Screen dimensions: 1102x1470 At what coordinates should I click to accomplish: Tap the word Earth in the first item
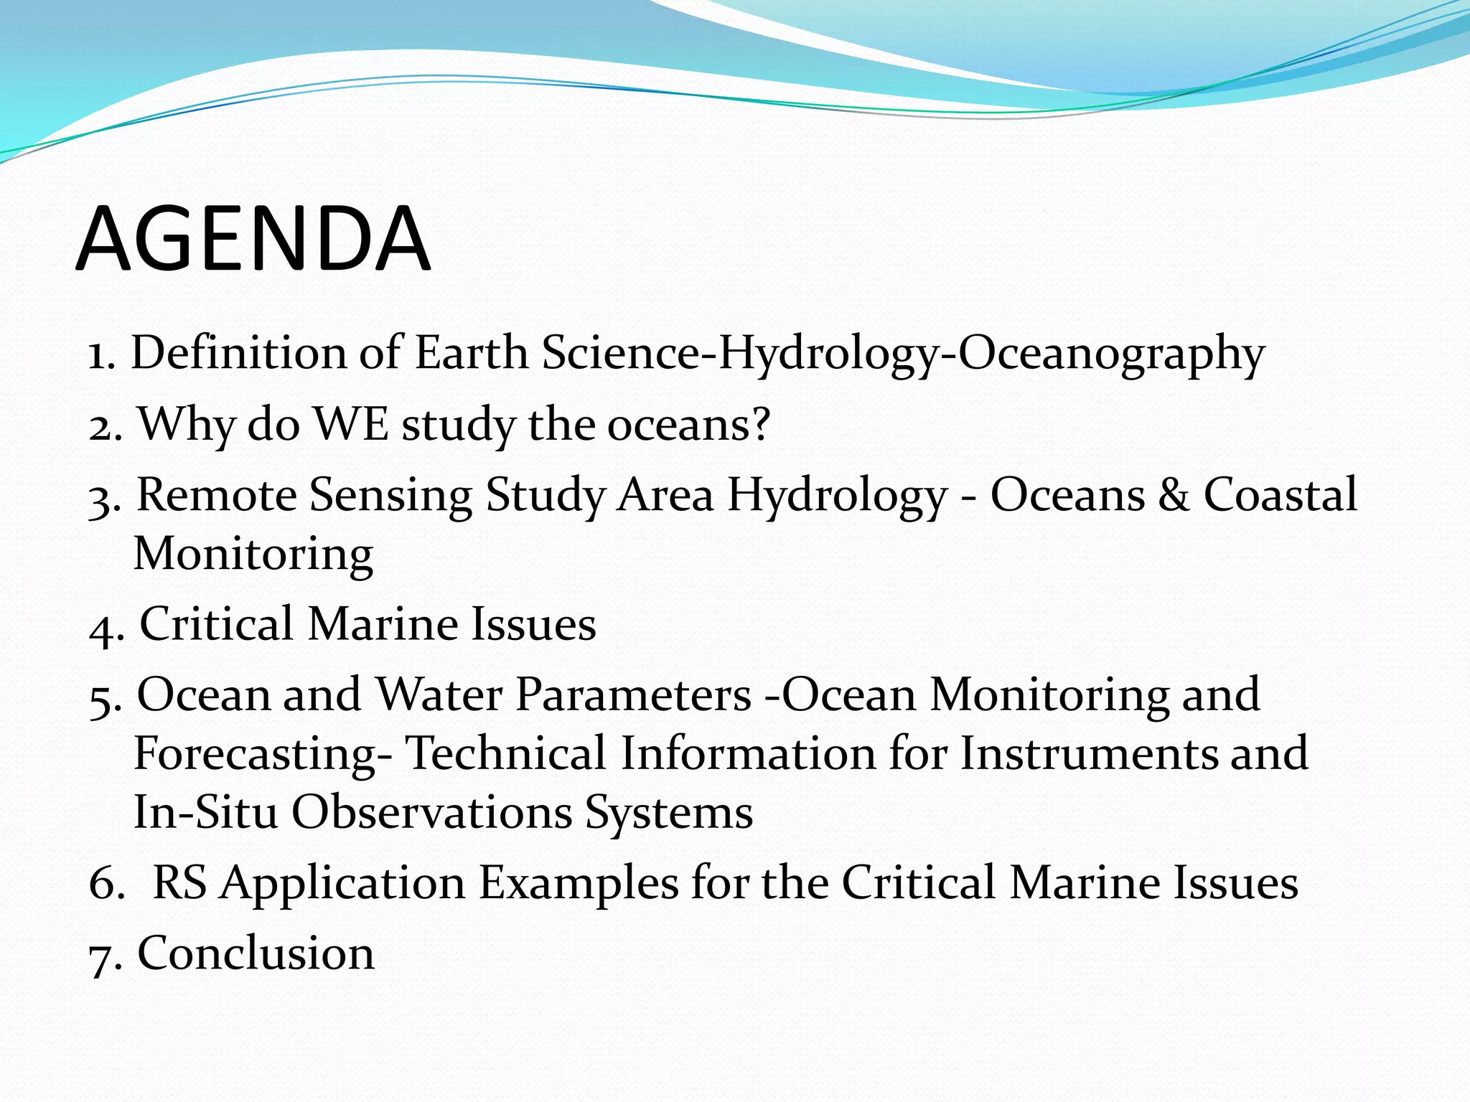(x=472, y=353)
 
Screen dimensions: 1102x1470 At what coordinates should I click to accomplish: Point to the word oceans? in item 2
(x=688, y=424)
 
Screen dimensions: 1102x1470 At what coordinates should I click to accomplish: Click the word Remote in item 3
(x=216, y=495)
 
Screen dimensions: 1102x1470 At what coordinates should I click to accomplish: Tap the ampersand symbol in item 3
(x=1174, y=495)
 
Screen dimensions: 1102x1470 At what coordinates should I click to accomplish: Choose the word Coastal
(x=1281, y=495)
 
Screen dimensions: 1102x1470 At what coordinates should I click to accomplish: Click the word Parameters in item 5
(x=633, y=694)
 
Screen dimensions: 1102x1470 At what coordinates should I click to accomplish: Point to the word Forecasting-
(x=263, y=754)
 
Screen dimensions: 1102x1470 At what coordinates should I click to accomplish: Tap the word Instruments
(x=1088, y=754)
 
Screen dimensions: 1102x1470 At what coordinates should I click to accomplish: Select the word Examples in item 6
(x=578, y=882)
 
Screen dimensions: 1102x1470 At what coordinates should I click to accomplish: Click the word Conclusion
(x=256, y=953)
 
